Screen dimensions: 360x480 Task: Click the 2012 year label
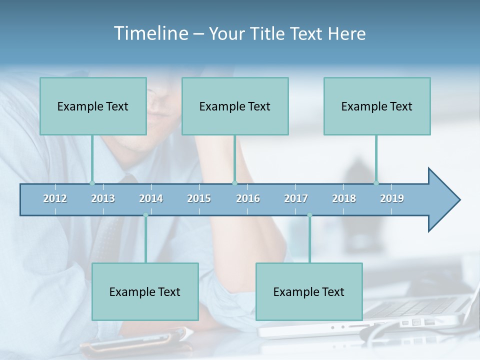click(x=55, y=198)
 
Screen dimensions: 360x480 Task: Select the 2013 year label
click(x=103, y=198)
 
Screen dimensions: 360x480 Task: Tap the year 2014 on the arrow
click(x=151, y=198)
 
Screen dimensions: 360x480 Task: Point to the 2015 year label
click(x=199, y=198)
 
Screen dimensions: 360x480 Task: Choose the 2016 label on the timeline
click(x=248, y=198)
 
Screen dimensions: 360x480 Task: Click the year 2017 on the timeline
click(x=296, y=198)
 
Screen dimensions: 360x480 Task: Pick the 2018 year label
click(x=344, y=198)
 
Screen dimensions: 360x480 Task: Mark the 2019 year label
click(x=392, y=198)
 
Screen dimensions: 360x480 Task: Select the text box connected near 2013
click(x=93, y=106)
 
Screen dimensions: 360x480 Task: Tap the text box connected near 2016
click(x=235, y=106)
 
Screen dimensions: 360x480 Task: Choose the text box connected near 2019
click(x=377, y=106)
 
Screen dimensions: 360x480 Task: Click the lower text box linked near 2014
click(x=145, y=291)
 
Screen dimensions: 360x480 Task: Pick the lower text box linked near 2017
click(x=309, y=291)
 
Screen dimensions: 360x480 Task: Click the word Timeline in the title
click(x=150, y=33)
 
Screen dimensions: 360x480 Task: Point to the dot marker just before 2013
click(x=92, y=183)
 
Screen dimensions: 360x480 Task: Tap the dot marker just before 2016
click(x=234, y=183)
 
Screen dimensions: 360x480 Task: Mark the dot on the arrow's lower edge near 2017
click(x=309, y=215)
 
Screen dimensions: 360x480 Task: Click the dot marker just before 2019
click(x=376, y=183)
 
